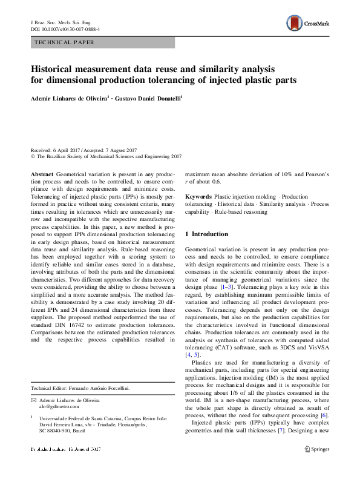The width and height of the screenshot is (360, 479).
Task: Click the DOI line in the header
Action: coord(65,28)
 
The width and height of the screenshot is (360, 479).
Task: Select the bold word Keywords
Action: coord(198,197)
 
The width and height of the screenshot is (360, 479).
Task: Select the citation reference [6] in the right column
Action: coord(324,415)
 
